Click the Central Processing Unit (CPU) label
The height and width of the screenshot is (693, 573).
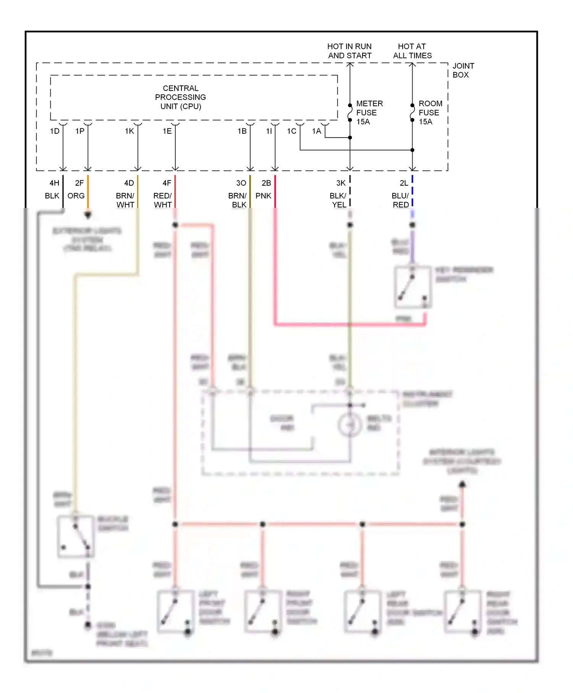(x=180, y=97)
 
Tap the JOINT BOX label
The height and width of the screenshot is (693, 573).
(x=463, y=70)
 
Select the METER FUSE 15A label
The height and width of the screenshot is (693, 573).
(x=369, y=113)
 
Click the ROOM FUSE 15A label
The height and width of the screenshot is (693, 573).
(x=430, y=113)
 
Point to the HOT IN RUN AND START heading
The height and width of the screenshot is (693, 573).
(x=349, y=51)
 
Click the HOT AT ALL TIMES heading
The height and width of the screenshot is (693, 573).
(x=412, y=51)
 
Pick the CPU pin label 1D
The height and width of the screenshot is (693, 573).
(x=55, y=131)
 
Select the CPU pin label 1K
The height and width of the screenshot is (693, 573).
(x=129, y=131)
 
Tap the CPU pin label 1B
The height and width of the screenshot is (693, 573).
(x=242, y=131)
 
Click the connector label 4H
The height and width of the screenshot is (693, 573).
(x=54, y=183)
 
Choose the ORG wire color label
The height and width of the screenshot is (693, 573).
(x=76, y=196)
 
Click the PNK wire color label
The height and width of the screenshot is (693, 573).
(x=263, y=196)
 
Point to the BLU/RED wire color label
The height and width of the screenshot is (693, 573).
(x=400, y=200)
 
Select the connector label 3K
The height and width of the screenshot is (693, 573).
(x=341, y=183)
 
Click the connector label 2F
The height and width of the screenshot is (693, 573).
(x=79, y=183)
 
